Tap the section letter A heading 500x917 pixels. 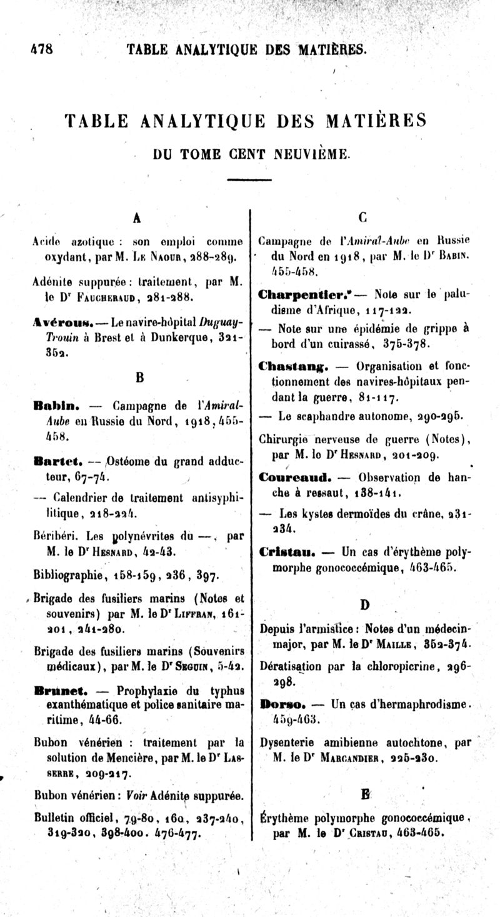point(136,218)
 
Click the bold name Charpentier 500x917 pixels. point(298,293)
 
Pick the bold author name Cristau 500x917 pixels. point(287,553)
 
